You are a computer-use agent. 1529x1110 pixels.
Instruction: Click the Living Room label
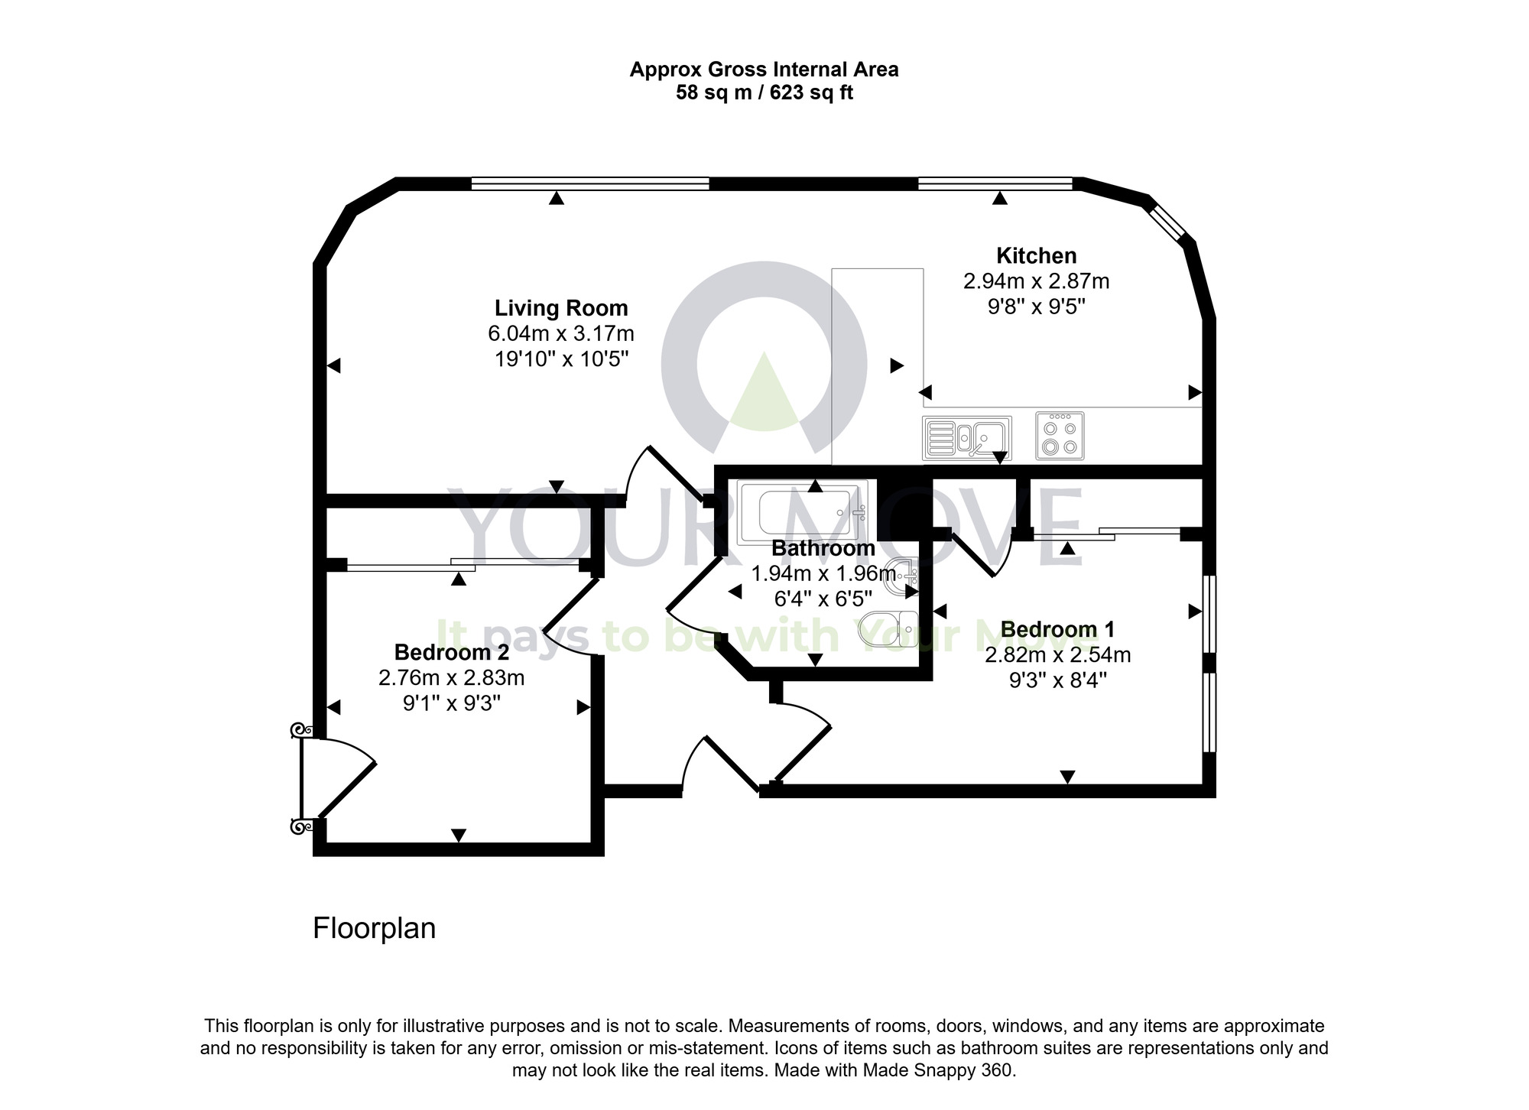click(560, 308)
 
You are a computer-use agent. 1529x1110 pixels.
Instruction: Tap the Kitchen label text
click(1036, 255)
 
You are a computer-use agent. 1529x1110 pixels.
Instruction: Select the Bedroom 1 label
click(1057, 629)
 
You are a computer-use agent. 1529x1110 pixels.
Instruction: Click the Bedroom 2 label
click(451, 652)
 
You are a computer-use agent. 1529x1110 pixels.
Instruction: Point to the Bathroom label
click(823, 548)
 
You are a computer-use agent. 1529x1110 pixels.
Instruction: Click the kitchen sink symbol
click(967, 438)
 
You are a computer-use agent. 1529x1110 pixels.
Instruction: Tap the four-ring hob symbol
click(1060, 436)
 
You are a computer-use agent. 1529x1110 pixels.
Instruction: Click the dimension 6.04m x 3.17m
click(560, 334)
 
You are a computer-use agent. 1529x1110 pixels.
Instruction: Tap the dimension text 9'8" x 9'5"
click(1036, 307)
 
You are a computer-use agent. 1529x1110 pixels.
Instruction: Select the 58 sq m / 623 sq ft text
click(764, 93)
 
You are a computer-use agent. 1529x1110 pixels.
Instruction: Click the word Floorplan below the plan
click(374, 928)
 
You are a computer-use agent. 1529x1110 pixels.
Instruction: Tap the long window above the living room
click(589, 183)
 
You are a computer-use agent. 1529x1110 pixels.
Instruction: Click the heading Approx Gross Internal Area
click(764, 70)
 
